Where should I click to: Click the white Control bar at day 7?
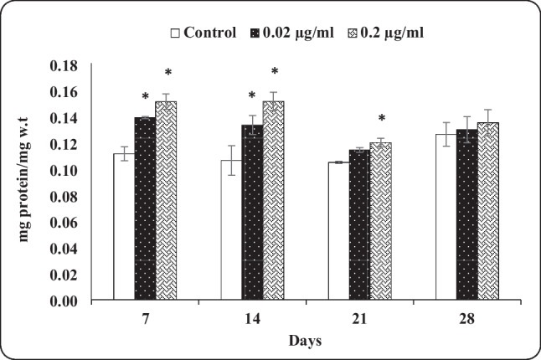(124, 226)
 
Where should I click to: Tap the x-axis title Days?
(307, 342)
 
